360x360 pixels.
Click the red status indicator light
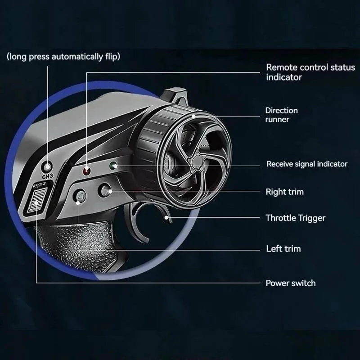(x=86, y=171)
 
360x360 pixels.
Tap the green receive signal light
(x=113, y=166)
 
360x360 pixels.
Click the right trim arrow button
(x=105, y=190)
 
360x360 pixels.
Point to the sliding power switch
(x=37, y=200)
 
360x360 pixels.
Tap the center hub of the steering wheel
(x=197, y=161)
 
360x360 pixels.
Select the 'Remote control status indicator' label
(x=310, y=72)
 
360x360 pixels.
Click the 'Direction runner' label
(x=281, y=115)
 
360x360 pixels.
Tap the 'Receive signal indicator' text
(x=307, y=164)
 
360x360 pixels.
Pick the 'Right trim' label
(x=284, y=192)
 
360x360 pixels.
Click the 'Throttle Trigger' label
(x=296, y=218)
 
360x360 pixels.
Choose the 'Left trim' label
(x=283, y=249)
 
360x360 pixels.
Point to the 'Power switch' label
(x=290, y=283)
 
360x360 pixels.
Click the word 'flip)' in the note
(x=113, y=57)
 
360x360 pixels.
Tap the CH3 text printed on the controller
(x=48, y=176)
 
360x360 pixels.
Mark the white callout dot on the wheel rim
(x=193, y=117)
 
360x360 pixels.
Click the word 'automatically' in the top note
(x=77, y=57)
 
